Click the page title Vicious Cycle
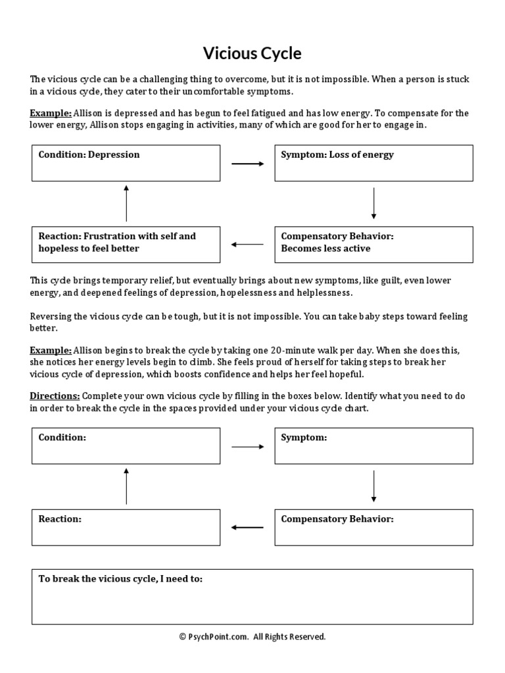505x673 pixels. [x=252, y=53]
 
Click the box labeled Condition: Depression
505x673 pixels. [x=126, y=163]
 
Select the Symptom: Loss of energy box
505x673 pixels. [x=373, y=163]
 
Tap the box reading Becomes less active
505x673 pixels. [x=373, y=244]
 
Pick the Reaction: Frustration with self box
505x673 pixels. [x=126, y=244]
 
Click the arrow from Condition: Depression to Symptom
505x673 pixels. [x=247, y=164]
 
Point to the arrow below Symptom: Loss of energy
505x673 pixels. [x=373, y=203]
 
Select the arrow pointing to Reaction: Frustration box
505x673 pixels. [x=247, y=245]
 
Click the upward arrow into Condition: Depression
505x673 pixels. [x=126, y=203]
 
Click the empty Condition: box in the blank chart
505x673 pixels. [x=126, y=446]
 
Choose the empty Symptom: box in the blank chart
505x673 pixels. [x=373, y=446]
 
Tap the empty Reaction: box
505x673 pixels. [x=126, y=527]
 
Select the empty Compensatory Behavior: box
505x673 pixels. [x=373, y=527]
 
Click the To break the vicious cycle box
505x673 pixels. [x=252, y=597]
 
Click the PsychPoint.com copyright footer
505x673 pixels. [x=252, y=636]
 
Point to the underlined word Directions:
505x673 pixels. [x=55, y=396]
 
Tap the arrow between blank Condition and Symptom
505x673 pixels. [x=247, y=446]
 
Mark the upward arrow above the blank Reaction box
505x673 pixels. [x=126, y=486]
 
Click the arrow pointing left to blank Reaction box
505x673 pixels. [x=247, y=527]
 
